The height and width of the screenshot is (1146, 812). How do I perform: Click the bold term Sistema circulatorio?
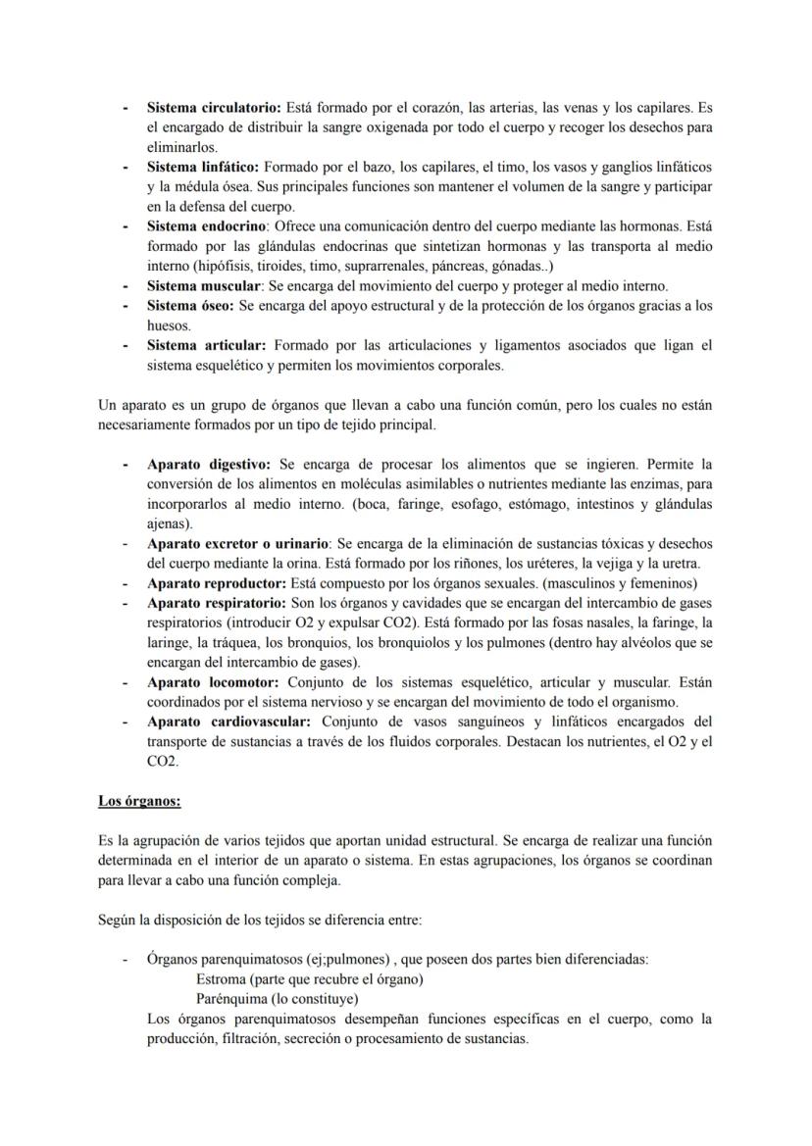tap(213, 107)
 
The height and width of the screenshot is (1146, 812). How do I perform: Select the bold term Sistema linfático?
tap(203, 167)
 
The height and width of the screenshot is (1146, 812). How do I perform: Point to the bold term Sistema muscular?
tap(203, 286)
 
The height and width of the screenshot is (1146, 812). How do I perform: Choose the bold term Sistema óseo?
tap(190, 306)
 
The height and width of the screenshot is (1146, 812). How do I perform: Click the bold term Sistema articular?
tap(206, 346)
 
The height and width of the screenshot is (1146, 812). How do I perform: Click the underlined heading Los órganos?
tap(138, 801)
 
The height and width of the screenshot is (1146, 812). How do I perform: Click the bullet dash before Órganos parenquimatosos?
tap(126, 960)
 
